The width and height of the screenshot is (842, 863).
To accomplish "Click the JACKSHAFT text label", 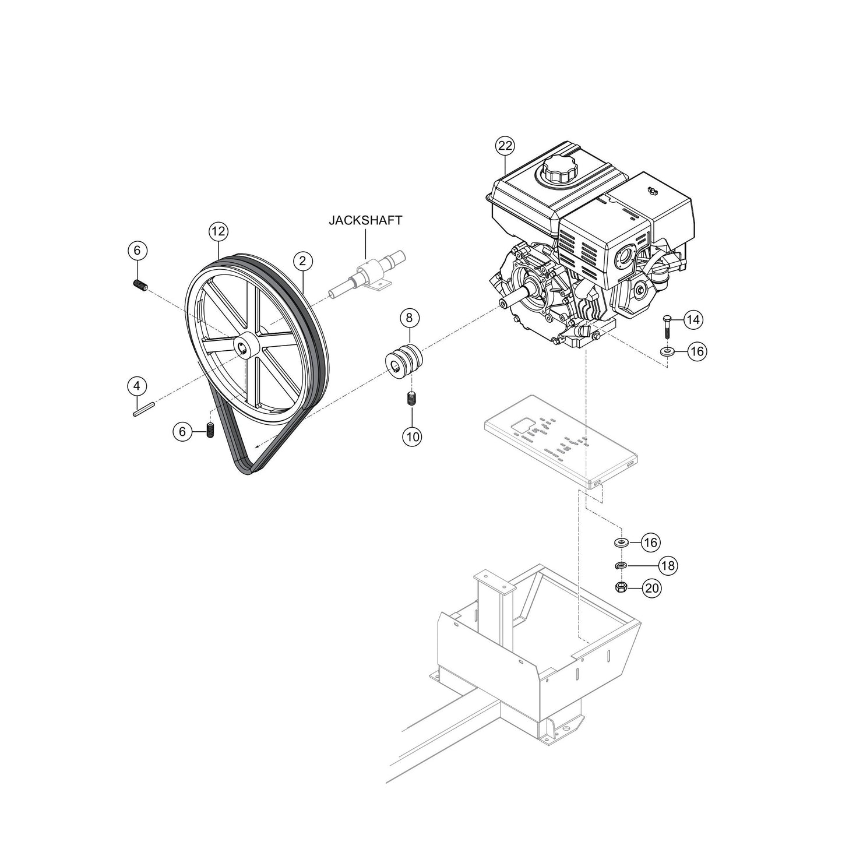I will (365, 220).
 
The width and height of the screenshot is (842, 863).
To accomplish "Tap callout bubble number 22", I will (505, 146).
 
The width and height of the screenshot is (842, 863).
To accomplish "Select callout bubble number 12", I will (217, 231).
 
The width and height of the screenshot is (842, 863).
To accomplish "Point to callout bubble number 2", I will (303, 260).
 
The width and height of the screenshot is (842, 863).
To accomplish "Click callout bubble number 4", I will (137, 386).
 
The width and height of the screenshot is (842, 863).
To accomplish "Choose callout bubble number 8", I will (409, 318).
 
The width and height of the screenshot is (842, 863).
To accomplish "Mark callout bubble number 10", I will (412, 436).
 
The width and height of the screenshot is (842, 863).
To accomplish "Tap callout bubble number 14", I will (693, 319).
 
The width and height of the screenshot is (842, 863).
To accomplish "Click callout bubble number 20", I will (652, 589).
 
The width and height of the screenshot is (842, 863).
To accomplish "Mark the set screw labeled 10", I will (411, 399).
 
